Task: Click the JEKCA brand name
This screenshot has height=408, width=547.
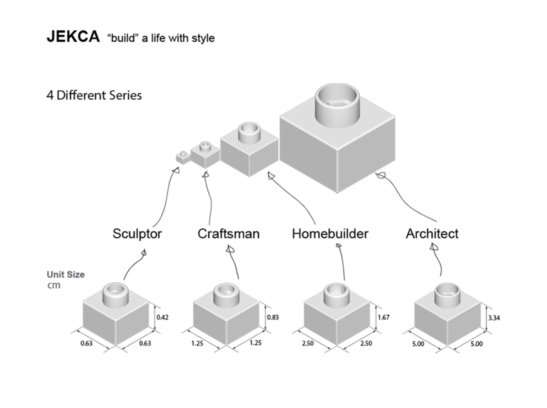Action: pos(73,37)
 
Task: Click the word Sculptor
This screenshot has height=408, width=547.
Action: pos(137,234)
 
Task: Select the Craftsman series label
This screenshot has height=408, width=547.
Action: pos(228,234)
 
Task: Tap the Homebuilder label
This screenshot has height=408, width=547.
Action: pos(330,234)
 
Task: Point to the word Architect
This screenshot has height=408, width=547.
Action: pos(432,234)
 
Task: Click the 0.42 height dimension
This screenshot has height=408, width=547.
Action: pos(163,317)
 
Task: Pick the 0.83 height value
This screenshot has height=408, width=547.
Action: pos(273,317)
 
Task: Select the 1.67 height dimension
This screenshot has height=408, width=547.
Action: pos(384,317)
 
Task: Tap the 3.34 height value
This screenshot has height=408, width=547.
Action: pos(494,317)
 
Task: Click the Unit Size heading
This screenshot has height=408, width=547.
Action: pos(66,275)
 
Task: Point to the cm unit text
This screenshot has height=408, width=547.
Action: pos(54,286)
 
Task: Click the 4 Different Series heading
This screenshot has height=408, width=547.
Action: pos(94,95)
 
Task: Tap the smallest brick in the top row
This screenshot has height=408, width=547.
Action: pos(183,157)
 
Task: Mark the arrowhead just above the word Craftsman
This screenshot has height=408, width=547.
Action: pos(229,249)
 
